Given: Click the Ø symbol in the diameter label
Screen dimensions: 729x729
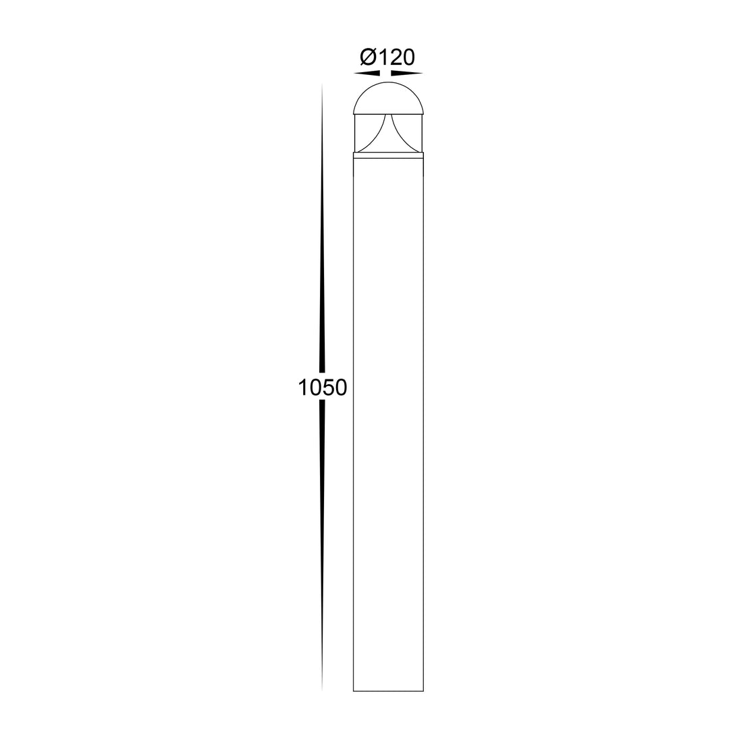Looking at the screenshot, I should [x=368, y=57].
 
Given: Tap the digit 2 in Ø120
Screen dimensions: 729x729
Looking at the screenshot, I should [x=396, y=57].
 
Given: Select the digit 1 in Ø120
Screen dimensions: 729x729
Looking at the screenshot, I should [x=383, y=57].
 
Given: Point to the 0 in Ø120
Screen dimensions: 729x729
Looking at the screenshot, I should [x=409, y=57].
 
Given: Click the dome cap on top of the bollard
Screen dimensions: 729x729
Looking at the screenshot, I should [x=388, y=99].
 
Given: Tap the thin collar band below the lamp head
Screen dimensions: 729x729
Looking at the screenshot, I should [x=388, y=155].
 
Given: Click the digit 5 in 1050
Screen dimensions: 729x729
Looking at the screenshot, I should [x=328, y=387].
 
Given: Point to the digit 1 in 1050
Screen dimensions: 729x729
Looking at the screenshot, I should [x=303, y=387].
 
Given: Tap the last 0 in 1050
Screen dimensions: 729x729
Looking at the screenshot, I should [x=341, y=387].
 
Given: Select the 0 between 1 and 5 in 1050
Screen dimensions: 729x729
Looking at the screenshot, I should [x=315, y=387].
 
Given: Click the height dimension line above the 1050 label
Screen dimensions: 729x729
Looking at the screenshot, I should [x=322, y=236].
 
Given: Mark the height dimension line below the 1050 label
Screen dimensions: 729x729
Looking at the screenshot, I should [x=322, y=540].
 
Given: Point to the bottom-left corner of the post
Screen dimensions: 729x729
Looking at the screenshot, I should [x=354, y=691].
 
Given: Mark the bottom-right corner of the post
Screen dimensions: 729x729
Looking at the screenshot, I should [x=423, y=691].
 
